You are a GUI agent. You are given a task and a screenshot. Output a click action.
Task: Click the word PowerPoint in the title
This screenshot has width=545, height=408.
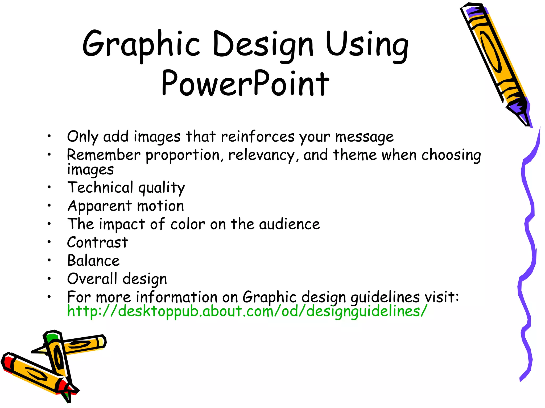pos(245,83)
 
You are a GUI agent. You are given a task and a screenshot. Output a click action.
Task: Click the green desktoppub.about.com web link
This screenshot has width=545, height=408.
pos(247,311)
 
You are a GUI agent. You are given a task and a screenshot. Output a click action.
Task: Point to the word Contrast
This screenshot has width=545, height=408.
pos(97,242)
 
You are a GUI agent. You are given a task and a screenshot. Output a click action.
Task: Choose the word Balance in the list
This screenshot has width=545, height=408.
pos(93,261)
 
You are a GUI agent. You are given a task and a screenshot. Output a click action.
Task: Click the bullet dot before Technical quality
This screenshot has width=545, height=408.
pos(49,188)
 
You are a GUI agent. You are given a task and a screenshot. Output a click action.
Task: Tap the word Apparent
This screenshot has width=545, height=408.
pos(100,206)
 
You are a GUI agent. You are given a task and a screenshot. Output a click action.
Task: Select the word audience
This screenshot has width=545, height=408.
pos(290,224)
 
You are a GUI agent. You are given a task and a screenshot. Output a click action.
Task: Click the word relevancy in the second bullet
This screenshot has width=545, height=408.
pos(262,155)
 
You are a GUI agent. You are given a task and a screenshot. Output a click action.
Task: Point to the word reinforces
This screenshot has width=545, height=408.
pos(258,137)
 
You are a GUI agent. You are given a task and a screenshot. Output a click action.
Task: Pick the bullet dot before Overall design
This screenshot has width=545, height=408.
pos(49,279)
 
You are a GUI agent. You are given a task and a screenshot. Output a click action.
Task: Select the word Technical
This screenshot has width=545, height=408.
pos(100,188)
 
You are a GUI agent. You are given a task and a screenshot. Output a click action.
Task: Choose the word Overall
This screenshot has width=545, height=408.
pos(92,279)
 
